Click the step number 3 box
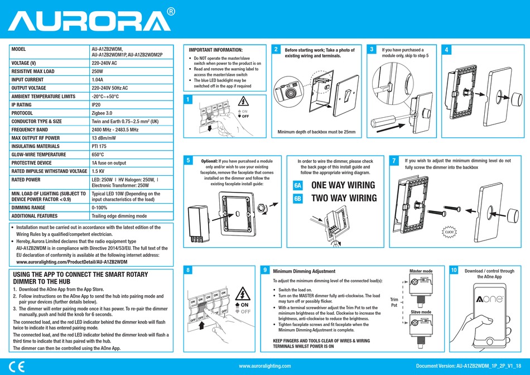click(372, 50)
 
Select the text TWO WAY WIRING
click(344, 198)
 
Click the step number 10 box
click(454, 270)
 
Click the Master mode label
click(421, 271)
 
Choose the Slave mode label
click(421, 312)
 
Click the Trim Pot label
click(394, 302)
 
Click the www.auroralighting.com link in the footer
click(264, 366)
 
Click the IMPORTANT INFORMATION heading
click(216, 50)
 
